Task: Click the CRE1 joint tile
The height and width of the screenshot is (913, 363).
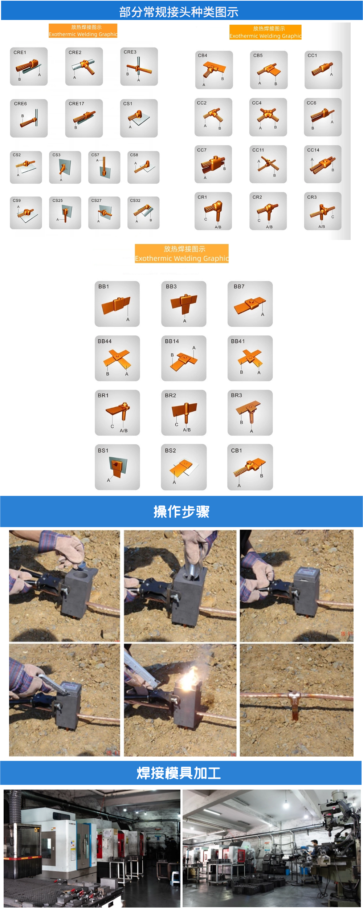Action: tap(29, 66)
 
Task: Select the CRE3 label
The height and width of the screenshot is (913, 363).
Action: tap(130, 52)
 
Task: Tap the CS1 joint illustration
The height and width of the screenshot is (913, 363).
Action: tap(139, 118)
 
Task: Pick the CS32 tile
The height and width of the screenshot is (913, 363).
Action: tap(143, 213)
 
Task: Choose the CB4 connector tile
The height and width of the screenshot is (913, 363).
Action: tap(214, 70)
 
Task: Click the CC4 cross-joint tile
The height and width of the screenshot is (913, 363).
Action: tap(268, 117)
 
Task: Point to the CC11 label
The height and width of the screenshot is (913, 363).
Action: tap(258, 150)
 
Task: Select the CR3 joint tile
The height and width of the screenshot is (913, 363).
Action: tap(323, 211)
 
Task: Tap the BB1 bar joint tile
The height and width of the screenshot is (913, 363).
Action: tap(117, 304)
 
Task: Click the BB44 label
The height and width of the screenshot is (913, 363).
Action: tap(105, 341)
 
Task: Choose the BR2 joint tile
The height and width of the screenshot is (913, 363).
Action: tap(184, 413)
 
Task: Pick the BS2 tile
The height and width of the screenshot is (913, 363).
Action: tap(184, 467)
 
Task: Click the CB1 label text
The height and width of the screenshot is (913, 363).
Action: tap(236, 451)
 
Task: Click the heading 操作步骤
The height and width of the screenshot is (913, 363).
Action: tap(181, 511)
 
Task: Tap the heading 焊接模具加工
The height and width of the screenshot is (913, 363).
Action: tap(179, 773)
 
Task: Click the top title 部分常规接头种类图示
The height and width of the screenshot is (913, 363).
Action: tap(179, 12)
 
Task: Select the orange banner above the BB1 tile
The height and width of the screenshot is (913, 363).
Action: tap(181, 253)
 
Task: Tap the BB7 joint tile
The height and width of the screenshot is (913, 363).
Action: tap(250, 304)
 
